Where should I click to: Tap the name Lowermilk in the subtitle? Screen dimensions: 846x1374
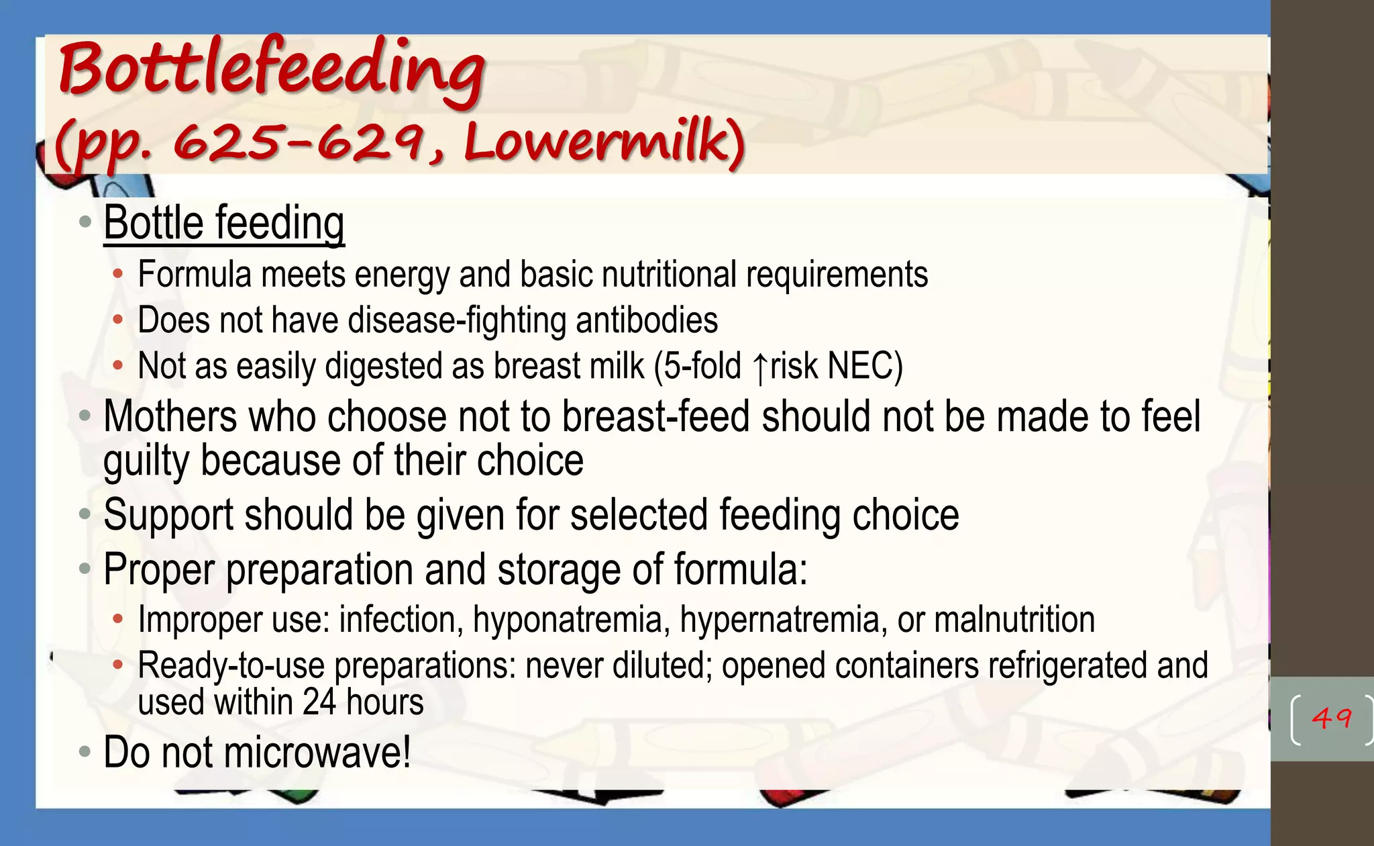tap(604, 143)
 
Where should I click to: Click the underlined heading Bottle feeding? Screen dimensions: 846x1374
tap(224, 223)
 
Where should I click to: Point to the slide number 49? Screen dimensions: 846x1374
tap(1331, 719)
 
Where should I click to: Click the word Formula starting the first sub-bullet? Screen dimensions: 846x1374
tap(195, 275)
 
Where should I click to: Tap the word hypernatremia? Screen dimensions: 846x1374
tap(779, 620)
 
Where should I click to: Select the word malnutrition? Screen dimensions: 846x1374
tap(1014, 620)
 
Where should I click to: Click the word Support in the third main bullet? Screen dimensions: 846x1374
tap(168, 516)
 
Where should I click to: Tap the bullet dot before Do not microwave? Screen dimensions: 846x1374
tap(85, 751)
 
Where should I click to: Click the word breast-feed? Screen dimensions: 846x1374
tap(655, 417)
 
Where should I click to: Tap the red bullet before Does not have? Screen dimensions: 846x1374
tap(118, 320)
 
